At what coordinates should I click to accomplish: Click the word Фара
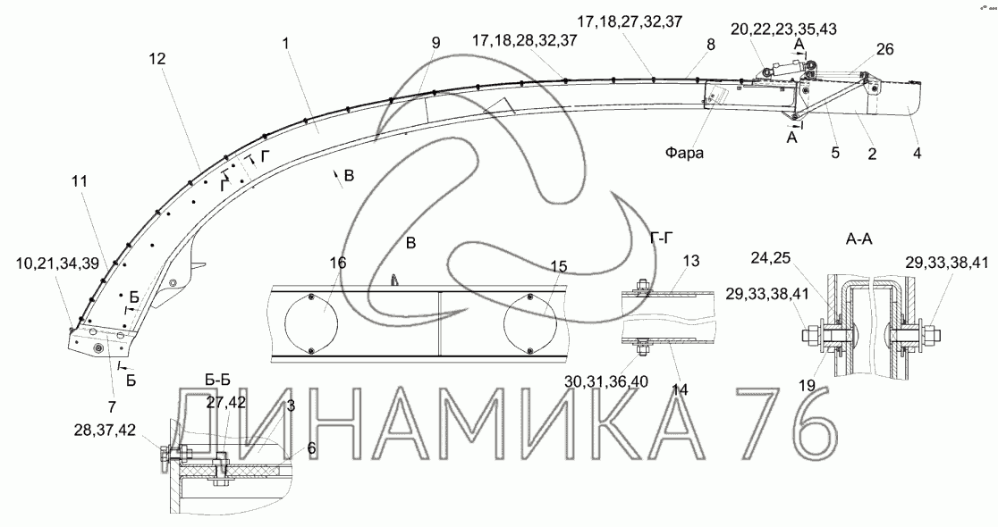685,153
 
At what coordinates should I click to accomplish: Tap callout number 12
156,59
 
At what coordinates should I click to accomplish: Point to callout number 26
884,49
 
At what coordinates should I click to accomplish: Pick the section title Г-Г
662,238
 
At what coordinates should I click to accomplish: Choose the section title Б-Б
217,381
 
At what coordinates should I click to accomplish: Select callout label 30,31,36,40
606,381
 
